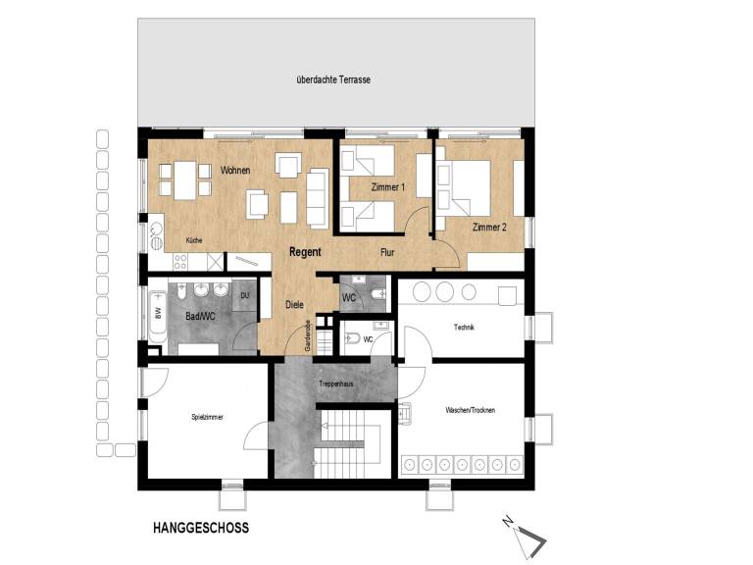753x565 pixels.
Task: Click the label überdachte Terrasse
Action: pos(333,79)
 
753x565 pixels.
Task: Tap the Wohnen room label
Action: pos(235,170)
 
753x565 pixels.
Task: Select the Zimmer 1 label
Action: pos(388,187)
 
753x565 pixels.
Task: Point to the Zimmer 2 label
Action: pos(489,228)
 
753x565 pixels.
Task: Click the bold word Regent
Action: pos(305,252)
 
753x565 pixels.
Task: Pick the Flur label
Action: pos(387,253)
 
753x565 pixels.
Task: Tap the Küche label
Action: pos(194,240)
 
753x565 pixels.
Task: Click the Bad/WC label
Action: pos(200,316)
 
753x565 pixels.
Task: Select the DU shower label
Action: pos(245,295)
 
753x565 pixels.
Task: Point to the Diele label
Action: pos(294,305)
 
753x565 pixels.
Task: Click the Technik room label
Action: pos(464,328)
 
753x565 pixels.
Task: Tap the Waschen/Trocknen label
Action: pos(471,410)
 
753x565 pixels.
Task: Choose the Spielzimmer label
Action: pos(207,417)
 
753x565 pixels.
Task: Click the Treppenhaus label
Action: pos(336,384)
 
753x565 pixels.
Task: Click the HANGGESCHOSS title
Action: pos(201,528)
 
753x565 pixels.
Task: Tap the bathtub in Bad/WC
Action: pos(158,315)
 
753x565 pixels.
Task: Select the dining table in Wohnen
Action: pos(185,180)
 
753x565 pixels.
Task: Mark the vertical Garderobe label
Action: pos(308,335)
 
